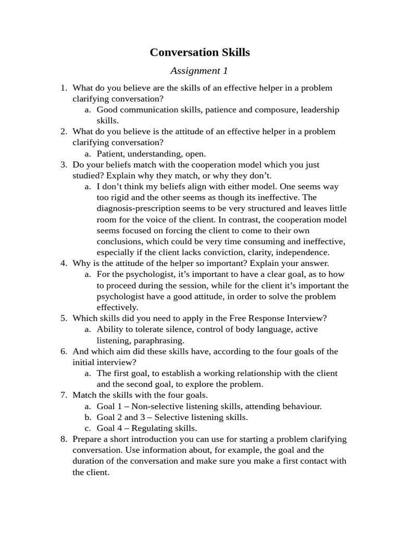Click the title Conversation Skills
point(199,53)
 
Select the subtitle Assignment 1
point(199,71)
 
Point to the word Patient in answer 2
point(110,154)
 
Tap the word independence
point(302,252)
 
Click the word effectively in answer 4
point(118,308)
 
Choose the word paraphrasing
point(158,340)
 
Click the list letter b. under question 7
point(87,417)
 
